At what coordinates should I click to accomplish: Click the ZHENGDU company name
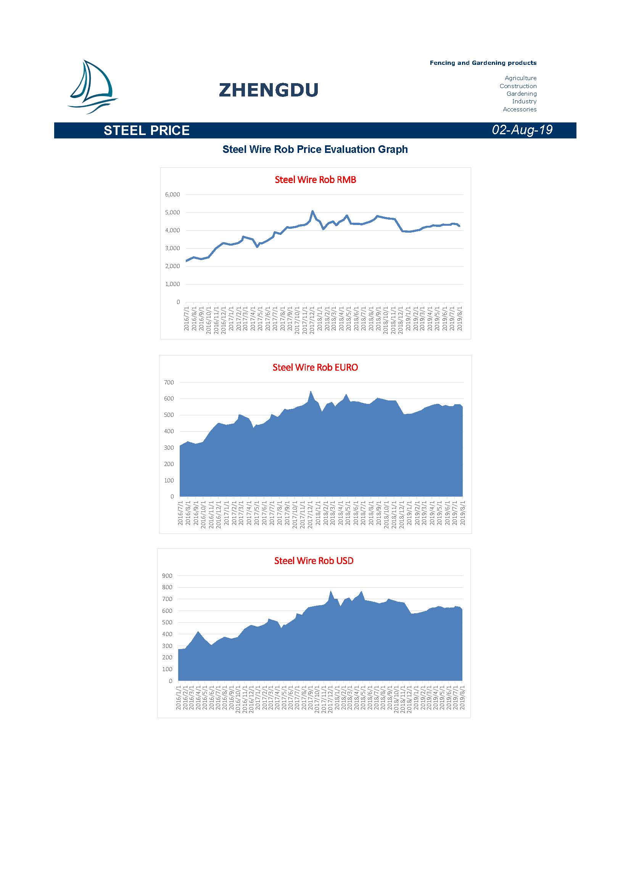tap(269, 90)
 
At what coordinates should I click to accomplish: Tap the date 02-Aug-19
tap(522, 130)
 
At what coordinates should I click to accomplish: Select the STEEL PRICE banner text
tap(146, 130)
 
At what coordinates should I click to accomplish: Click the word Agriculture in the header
tap(520, 78)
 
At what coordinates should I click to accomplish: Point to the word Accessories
tap(520, 109)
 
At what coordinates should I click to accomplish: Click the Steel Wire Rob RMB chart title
tap(315, 180)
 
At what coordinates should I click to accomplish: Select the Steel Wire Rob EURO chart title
tap(315, 368)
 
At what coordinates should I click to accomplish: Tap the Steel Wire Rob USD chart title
tap(314, 561)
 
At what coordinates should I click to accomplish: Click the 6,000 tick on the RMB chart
tap(172, 194)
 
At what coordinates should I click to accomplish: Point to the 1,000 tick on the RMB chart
tap(172, 284)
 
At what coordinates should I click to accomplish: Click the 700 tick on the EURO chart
tap(169, 383)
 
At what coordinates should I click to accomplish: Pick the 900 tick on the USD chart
tap(167, 576)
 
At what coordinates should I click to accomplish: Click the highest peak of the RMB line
tap(312, 211)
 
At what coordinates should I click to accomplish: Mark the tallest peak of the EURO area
tap(311, 392)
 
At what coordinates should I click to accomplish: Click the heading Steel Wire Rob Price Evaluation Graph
tap(315, 149)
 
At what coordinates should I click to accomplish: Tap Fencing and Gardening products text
tap(483, 63)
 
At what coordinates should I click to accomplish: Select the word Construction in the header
tap(518, 86)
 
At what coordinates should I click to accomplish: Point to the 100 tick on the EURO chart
tap(169, 481)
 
